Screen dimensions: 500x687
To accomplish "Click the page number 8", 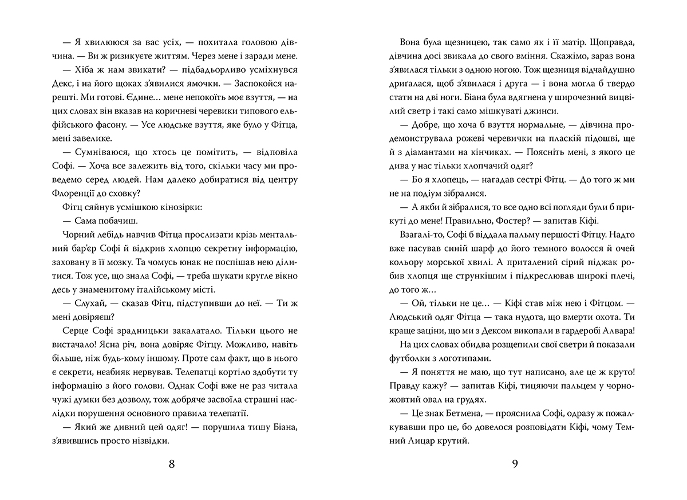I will [x=172, y=463].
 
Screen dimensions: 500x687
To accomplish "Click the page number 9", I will [x=515, y=463].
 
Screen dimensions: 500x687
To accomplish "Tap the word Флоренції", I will [x=77, y=192].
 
